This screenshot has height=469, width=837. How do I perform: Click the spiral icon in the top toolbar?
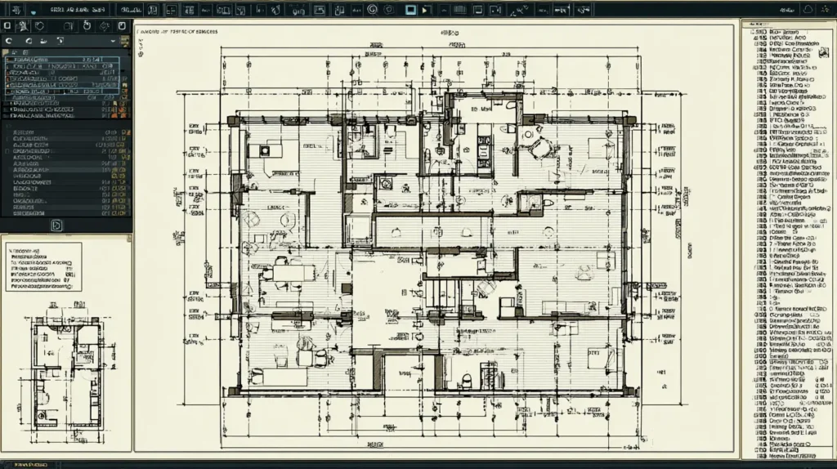pos(371,10)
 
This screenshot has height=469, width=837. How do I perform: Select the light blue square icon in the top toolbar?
pos(410,10)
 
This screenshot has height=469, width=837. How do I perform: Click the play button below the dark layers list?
pos(57,225)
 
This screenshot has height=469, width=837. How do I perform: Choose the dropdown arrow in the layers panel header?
pos(60,40)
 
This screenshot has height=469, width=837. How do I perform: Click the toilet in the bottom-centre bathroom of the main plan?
pos(467,379)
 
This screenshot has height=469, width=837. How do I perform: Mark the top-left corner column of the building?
pos(234,120)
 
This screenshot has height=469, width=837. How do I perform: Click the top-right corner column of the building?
pos(629,120)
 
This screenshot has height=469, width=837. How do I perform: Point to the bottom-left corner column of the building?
pos(234,391)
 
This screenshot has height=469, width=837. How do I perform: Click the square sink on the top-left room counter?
pos(266,150)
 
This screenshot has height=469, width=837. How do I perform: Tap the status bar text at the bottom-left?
pos(25,463)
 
